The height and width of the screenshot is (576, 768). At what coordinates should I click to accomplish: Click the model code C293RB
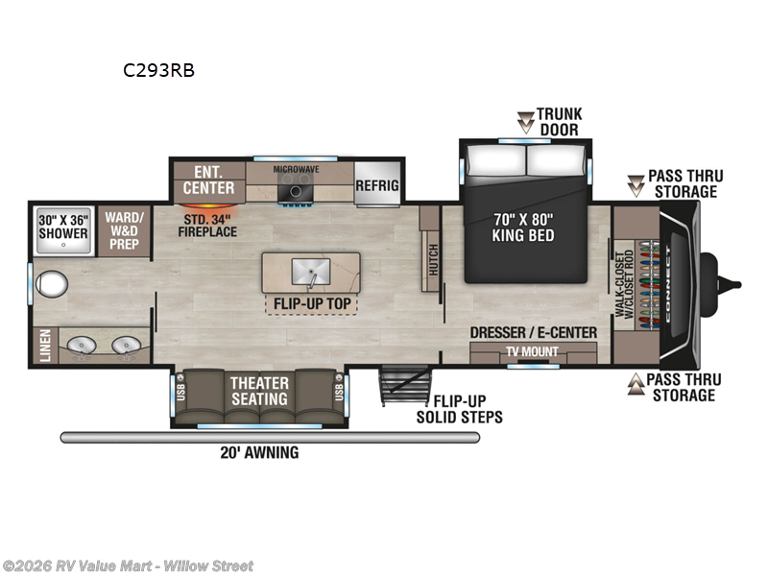[x=157, y=70]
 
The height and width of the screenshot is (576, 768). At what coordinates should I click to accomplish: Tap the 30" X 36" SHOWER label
[x=63, y=227]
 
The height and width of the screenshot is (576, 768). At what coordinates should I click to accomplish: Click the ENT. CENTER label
[x=208, y=180]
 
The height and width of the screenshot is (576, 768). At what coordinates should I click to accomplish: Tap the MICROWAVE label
[x=296, y=169]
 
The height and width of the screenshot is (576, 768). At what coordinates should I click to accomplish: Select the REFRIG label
[x=376, y=185]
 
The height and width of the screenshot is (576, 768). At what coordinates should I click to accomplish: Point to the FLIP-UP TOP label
[x=310, y=305]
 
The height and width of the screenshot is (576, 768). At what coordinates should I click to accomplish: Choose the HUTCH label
[x=432, y=259]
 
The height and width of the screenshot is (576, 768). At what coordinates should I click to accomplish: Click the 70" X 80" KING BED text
[x=523, y=227]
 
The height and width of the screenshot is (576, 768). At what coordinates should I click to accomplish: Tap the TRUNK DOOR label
[x=559, y=121]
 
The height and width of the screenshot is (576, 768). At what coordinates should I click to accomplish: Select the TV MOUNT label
[x=533, y=352]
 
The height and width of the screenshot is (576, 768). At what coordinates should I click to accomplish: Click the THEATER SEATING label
[x=259, y=391]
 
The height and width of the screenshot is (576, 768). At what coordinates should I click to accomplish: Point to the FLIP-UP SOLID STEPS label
[x=459, y=409]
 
